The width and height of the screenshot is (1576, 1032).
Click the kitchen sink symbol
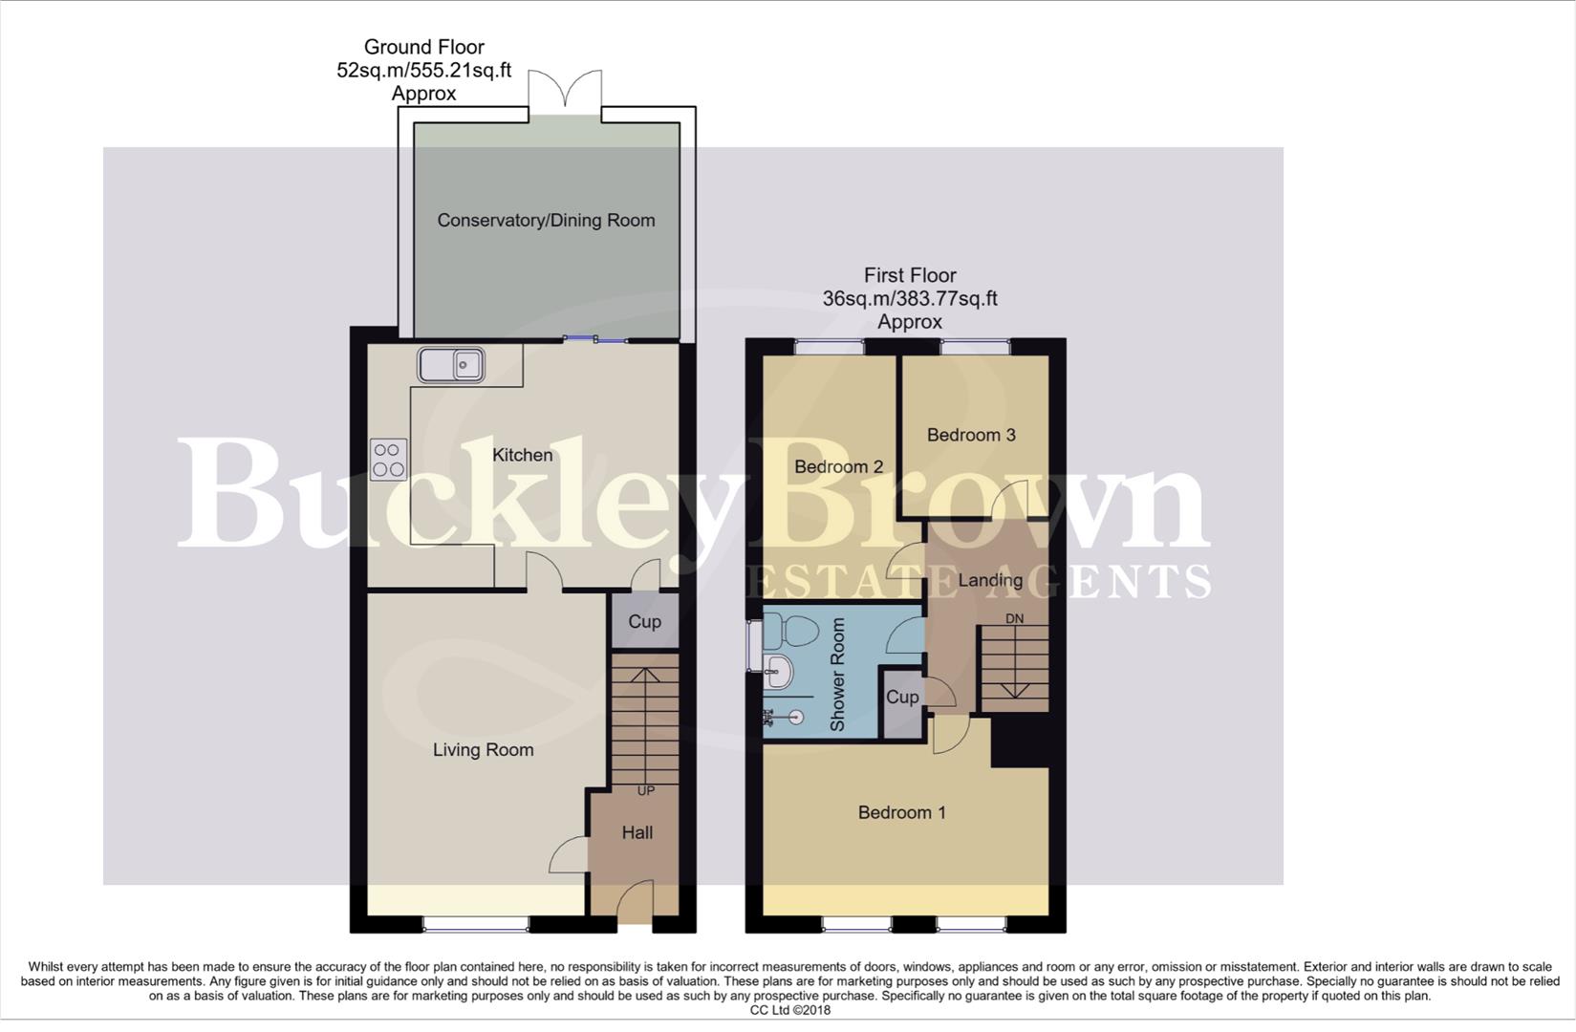click(x=451, y=364)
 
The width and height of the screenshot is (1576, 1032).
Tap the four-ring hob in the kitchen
click(x=389, y=460)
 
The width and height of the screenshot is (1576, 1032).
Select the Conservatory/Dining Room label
click(x=546, y=221)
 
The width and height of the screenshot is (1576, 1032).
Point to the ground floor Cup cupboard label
click(x=644, y=622)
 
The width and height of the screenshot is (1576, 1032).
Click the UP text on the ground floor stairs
click(x=646, y=791)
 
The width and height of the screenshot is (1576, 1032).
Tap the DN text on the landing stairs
click(x=1014, y=619)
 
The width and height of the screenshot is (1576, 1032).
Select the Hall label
click(x=637, y=833)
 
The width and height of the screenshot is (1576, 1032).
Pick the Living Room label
click(x=483, y=750)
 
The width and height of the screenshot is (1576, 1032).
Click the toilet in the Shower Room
click(x=793, y=632)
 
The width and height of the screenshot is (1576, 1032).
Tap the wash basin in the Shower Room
click(x=779, y=672)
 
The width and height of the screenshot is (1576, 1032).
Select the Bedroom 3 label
click(x=971, y=435)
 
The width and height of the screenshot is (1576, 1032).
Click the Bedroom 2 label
click(x=838, y=467)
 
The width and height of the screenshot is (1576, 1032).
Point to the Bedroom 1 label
click(x=901, y=813)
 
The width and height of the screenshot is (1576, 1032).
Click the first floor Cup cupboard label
click(x=901, y=698)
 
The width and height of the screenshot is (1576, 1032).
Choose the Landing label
click(x=990, y=580)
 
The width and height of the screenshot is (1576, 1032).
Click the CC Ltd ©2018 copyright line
click(x=789, y=1010)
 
